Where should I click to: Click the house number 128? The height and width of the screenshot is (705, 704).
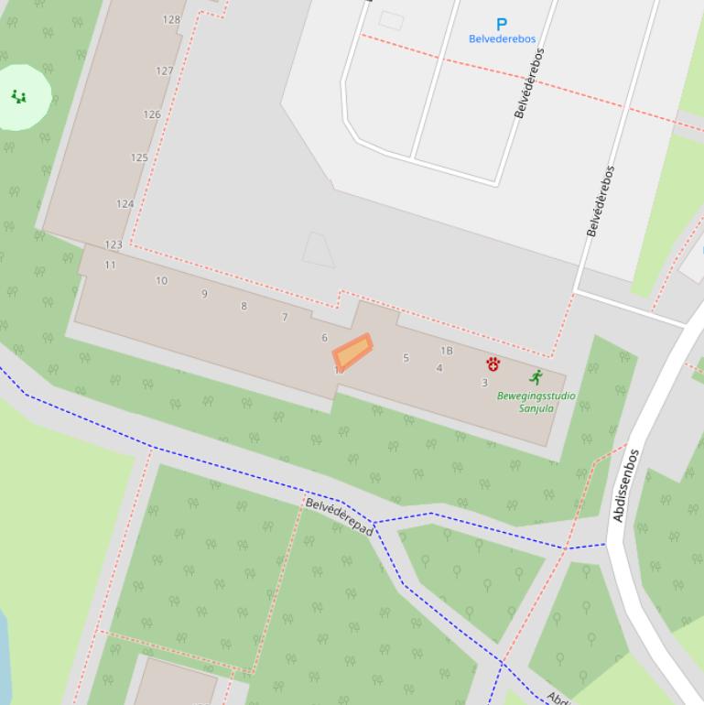171,19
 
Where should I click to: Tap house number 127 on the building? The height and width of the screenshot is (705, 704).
165,70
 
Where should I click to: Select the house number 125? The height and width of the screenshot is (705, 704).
139,157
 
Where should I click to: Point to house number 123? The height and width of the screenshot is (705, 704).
114,244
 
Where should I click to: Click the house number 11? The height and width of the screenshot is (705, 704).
110,266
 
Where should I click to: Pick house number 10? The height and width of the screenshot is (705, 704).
161,281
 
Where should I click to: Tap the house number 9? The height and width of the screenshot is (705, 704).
204,294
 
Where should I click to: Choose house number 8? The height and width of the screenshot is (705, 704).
244,306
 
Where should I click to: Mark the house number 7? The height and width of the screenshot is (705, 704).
285,318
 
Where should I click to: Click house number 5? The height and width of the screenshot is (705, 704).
406,358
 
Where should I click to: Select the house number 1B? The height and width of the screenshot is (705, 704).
447,351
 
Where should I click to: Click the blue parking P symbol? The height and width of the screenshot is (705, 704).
502,25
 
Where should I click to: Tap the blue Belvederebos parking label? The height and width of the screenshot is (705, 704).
502,39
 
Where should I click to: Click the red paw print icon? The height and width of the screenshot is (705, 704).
493,364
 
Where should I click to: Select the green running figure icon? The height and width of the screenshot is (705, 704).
536,377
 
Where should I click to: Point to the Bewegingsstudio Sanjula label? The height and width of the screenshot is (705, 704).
536,402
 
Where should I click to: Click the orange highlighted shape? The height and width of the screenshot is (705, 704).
352,352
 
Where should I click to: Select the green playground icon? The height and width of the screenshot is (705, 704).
18,96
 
